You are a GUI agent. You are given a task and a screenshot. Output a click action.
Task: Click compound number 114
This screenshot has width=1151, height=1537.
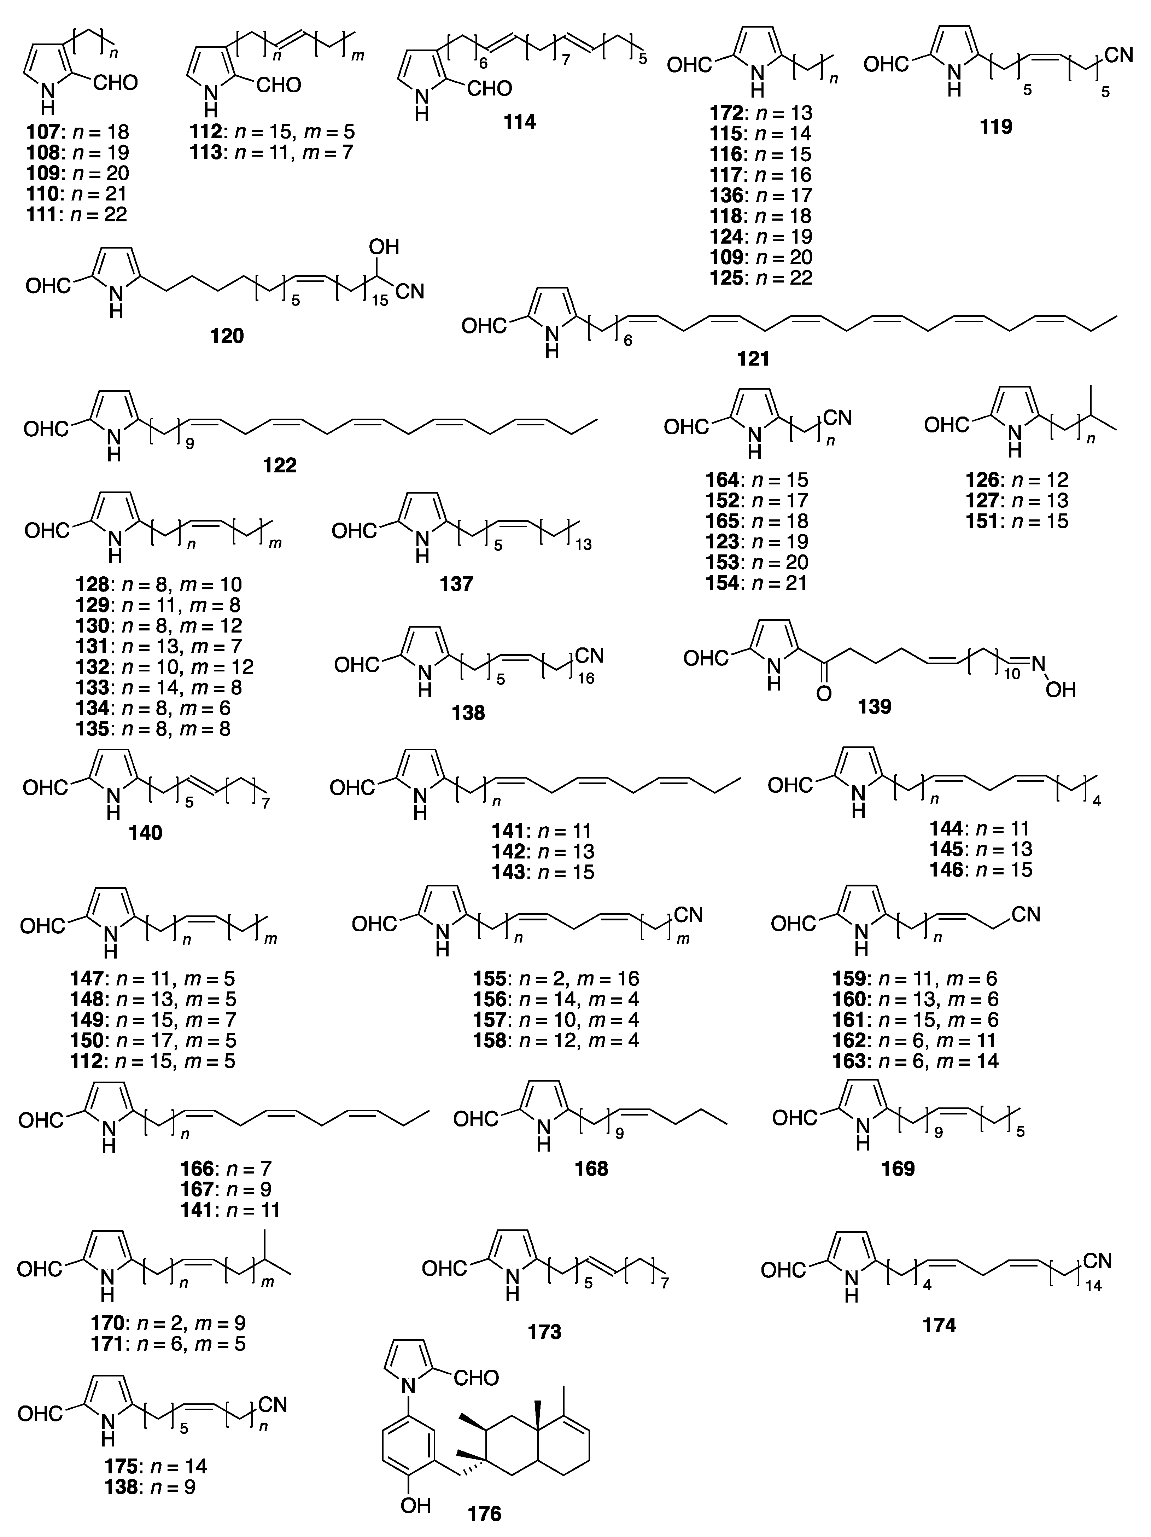pyautogui.click(x=520, y=122)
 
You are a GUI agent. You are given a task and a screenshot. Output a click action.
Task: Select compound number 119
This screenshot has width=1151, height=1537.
pyautogui.click(x=996, y=127)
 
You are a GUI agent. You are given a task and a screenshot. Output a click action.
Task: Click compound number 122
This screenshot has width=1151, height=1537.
pyautogui.click(x=279, y=465)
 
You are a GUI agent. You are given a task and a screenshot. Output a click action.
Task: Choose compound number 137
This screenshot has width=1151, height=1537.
pyautogui.click(x=456, y=584)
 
